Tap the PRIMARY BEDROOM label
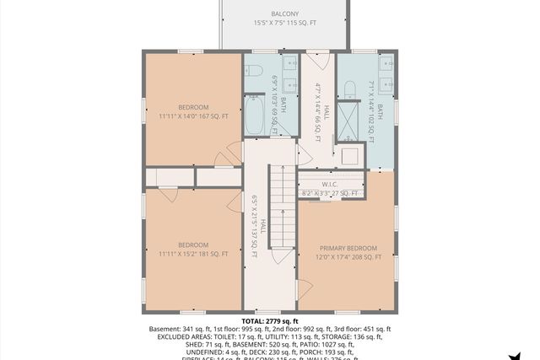pos(346,249)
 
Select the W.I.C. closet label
pos(330,184)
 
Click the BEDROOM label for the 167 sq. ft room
pos(193,107)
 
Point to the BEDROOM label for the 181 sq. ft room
pos(193,245)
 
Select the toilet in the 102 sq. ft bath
pos(349,89)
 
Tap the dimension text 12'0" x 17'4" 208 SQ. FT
pos(346,258)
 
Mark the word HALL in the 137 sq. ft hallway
pos(263,226)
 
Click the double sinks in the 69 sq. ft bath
pos(290,74)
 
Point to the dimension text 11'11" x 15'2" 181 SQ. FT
pos(193,255)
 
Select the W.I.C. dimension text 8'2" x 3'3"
pos(330,194)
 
